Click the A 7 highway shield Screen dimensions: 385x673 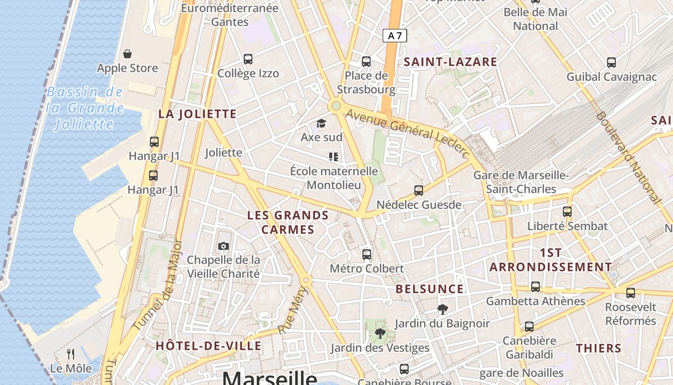[x=395, y=36]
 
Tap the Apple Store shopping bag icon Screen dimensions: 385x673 [x=127, y=54]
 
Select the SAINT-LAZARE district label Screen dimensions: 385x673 [x=450, y=62]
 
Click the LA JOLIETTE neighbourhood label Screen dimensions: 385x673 [x=198, y=114]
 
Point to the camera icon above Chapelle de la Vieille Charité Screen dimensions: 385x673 [x=224, y=246]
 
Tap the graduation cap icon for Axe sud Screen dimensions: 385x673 [x=321, y=124]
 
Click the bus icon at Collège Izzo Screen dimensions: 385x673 [x=248, y=59]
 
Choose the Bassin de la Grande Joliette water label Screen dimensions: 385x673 [x=86, y=108]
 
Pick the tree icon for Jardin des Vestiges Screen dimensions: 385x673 [x=380, y=333]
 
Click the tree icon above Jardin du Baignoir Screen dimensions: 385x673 [x=442, y=309]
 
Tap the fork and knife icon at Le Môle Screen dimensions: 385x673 [x=71, y=354]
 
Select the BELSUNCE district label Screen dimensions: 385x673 [x=430, y=289]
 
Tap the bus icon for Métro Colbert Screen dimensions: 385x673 [x=367, y=254]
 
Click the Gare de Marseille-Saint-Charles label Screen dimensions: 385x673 [x=521, y=182]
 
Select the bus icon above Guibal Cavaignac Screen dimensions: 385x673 [x=611, y=63]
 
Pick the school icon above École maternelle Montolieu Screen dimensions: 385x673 [x=334, y=157]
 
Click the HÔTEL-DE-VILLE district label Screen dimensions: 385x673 [x=209, y=346]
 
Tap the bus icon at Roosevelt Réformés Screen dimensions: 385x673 [x=631, y=293]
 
